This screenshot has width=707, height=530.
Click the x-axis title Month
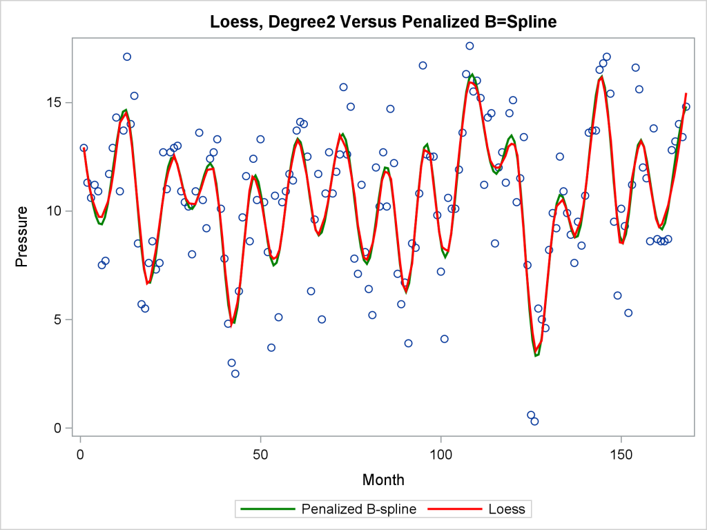coord(383,479)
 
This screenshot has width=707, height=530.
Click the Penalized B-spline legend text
coord(358,509)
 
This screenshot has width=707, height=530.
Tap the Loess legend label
coord(506,509)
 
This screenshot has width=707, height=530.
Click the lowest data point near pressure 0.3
coord(534,421)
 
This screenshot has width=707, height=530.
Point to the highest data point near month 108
coord(469,46)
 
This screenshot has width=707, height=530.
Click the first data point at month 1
coord(84,148)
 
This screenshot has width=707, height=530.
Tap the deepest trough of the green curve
coord(536,355)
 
